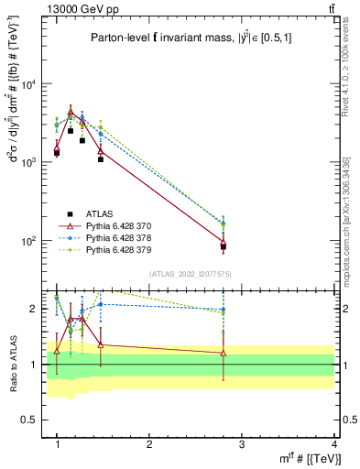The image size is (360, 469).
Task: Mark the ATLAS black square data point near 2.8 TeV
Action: [x=224, y=246]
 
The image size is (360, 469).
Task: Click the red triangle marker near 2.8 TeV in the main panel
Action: [x=224, y=242]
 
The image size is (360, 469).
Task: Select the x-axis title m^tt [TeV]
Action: [x=306, y=459]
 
